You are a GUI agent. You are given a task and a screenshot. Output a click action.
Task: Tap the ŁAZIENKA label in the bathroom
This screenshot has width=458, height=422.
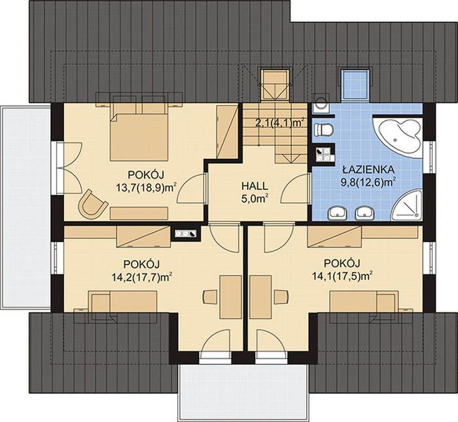click(369, 169)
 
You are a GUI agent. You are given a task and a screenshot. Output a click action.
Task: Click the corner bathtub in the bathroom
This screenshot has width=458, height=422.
click(399, 136)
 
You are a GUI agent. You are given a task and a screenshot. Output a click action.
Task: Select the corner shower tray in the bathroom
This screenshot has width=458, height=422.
click(408, 205)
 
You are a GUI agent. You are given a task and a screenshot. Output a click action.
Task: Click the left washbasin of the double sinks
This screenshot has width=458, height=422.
click(338, 213)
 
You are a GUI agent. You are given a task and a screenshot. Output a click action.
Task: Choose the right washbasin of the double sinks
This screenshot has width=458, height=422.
click(364, 213)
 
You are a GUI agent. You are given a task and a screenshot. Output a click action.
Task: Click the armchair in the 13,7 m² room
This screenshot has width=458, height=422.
click(91, 204)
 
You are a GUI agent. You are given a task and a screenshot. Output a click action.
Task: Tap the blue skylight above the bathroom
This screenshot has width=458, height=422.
click(355, 84)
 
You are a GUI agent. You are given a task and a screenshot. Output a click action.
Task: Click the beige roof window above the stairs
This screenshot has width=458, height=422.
click(276, 84)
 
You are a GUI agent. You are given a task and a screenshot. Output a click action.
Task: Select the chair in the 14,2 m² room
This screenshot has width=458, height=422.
click(210, 297)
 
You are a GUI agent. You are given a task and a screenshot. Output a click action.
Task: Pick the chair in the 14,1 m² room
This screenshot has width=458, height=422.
click(281, 297)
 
